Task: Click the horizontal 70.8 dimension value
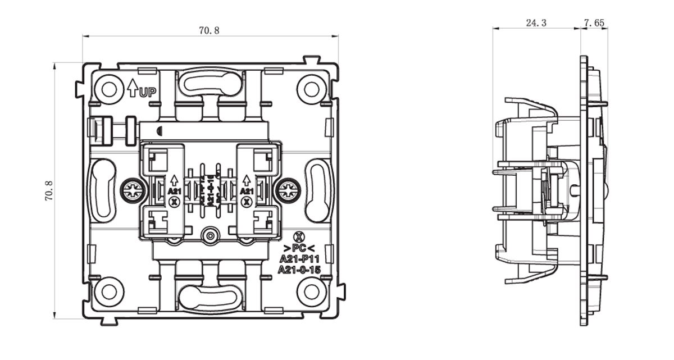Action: click(x=209, y=30)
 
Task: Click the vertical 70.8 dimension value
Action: click(x=48, y=191)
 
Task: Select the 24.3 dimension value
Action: click(x=536, y=23)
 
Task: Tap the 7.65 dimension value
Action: click(x=594, y=23)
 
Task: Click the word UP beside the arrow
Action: click(x=148, y=93)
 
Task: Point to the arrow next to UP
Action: click(x=133, y=88)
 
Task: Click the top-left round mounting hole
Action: click(x=108, y=89)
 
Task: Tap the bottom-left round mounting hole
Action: click(x=108, y=291)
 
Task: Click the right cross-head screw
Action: click(x=289, y=191)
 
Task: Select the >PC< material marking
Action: click(x=299, y=248)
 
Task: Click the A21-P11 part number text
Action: click(x=299, y=259)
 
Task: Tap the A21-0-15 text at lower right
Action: click(x=299, y=270)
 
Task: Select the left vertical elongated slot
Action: click(x=103, y=190)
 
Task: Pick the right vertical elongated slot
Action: click(x=318, y=190)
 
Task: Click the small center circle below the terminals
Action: click(x=210, y=236)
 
